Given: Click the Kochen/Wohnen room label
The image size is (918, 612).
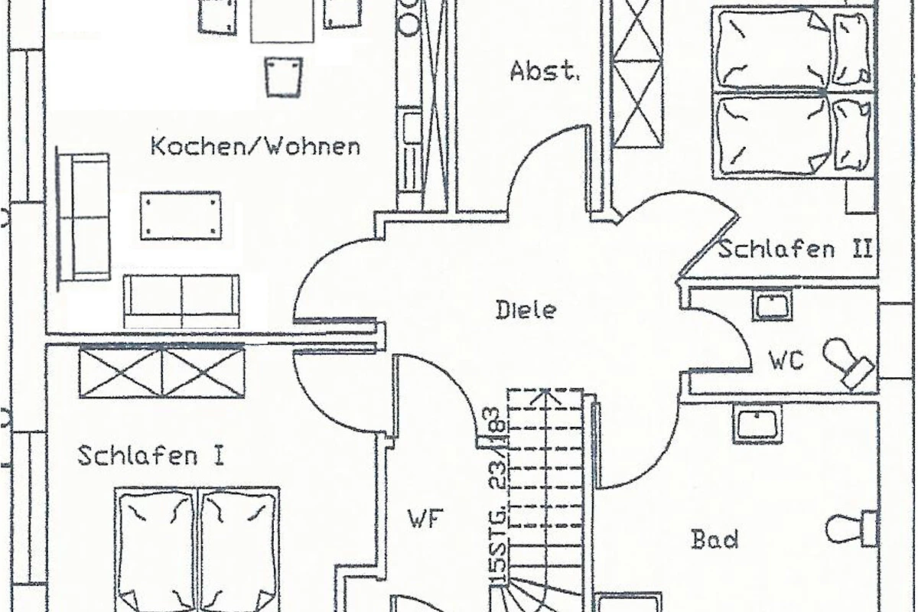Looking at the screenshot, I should (256, 146).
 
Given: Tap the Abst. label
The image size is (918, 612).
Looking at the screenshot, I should (545, 72).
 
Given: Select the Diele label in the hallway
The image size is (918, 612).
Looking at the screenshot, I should (526, 311).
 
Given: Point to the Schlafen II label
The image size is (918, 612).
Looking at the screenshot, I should (796, 249).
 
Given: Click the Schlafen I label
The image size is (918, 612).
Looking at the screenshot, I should (151, 456).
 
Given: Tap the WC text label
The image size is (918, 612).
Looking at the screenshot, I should (786, 360).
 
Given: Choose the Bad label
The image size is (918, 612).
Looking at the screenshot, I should (715, 539).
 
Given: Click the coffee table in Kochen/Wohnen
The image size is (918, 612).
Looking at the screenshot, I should (181, 216).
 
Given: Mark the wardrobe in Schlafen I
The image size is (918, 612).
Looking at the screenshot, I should (161, 372).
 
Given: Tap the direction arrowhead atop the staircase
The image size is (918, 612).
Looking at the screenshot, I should (544, 396).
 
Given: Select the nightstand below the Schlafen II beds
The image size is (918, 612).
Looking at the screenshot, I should (861, 197).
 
